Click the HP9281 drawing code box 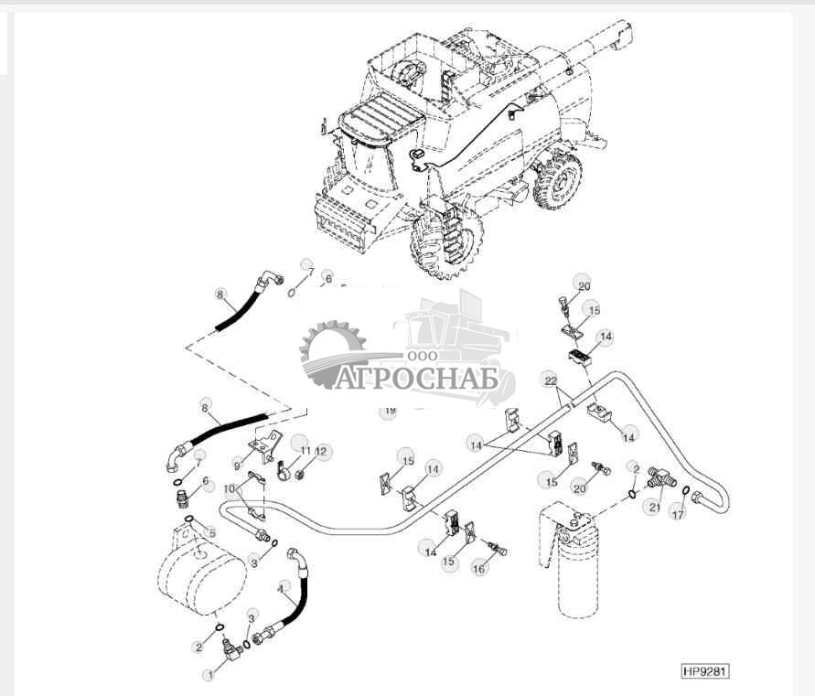point(705,672)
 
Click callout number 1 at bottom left point(209,675)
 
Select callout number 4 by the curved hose point(282,589)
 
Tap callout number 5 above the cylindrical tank point(212,532)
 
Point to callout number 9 point(237,466)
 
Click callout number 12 point(321,451)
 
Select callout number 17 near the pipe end point(678,516)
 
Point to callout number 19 point(390,412)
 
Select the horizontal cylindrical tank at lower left point(201,572)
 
